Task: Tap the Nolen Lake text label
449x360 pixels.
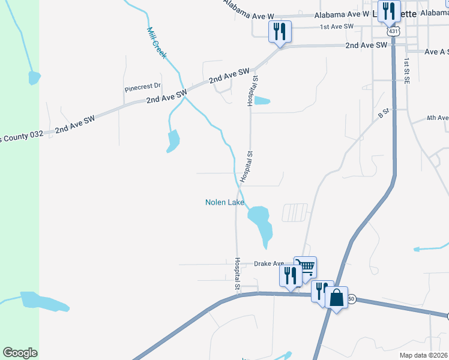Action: tap(225, 203)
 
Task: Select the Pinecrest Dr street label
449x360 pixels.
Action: tap(143, 88)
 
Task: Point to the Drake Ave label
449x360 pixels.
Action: tap(268, 263)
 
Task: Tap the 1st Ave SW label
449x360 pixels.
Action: tap(336, 26)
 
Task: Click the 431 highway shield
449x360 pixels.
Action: tap(393, 31)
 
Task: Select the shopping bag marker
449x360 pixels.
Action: tap(336, 297)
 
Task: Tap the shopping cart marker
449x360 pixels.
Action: tap(306, 266)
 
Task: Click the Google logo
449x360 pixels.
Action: tap(20, 353)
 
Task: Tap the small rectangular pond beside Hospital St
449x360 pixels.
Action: tap(262, 101)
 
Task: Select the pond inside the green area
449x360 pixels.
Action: tap(34, 77)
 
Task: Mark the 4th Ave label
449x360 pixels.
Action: tap(437, 118)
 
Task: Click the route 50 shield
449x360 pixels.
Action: tap(352, 298)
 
